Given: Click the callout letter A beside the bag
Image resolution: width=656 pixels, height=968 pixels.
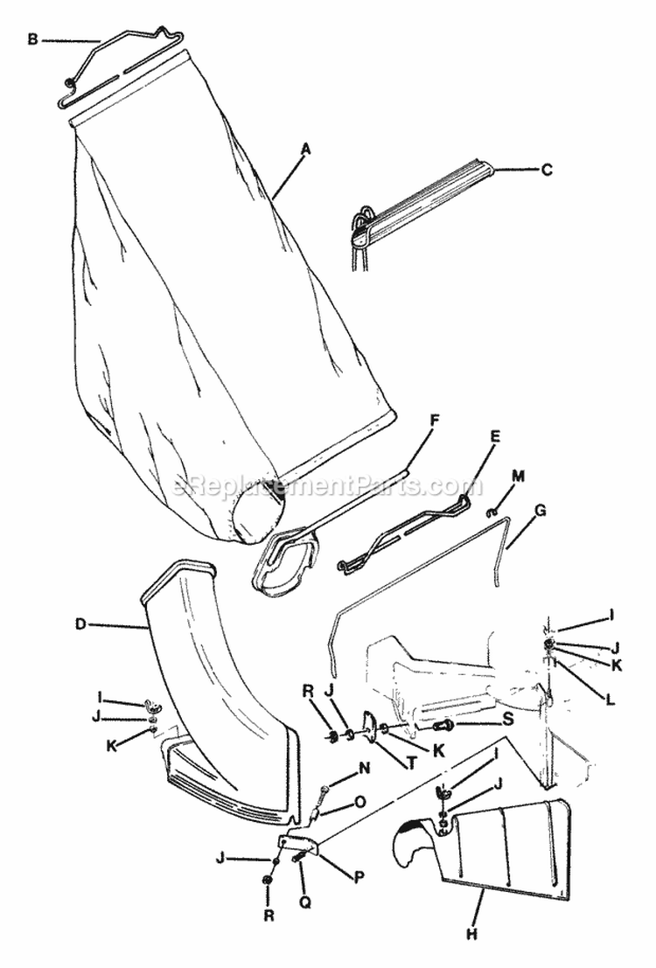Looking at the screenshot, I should click(305, 150).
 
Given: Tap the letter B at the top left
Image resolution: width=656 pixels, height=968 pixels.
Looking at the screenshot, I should click(33, 39).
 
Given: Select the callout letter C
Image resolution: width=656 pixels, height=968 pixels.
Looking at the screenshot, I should click(547, 171).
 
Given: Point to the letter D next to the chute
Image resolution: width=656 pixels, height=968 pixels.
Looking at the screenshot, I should click(80, 624).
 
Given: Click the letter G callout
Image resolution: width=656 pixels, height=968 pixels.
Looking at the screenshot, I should click(540, 510).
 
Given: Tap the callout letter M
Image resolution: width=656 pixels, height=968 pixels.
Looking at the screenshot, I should click(518, 477).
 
